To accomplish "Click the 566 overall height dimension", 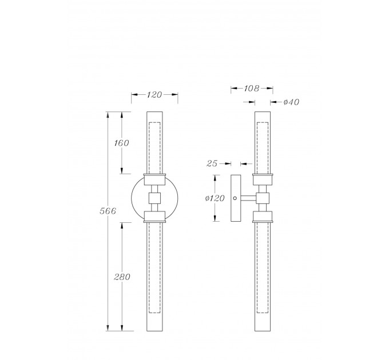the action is (x=108, y=211).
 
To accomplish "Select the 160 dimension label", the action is (x=121, y=143).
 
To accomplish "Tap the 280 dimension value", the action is (x=122, y=277).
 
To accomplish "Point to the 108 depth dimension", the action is (x=252, y=89).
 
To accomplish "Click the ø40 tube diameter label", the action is (x=291, y=102).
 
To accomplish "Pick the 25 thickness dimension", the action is (x=212, y=163).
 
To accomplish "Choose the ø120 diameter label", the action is (x=215, y=198).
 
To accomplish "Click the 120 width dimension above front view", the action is (x=154, y=95).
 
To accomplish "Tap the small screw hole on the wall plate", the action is (x=235, y=198).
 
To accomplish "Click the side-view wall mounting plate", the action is (x=236, y=198).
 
